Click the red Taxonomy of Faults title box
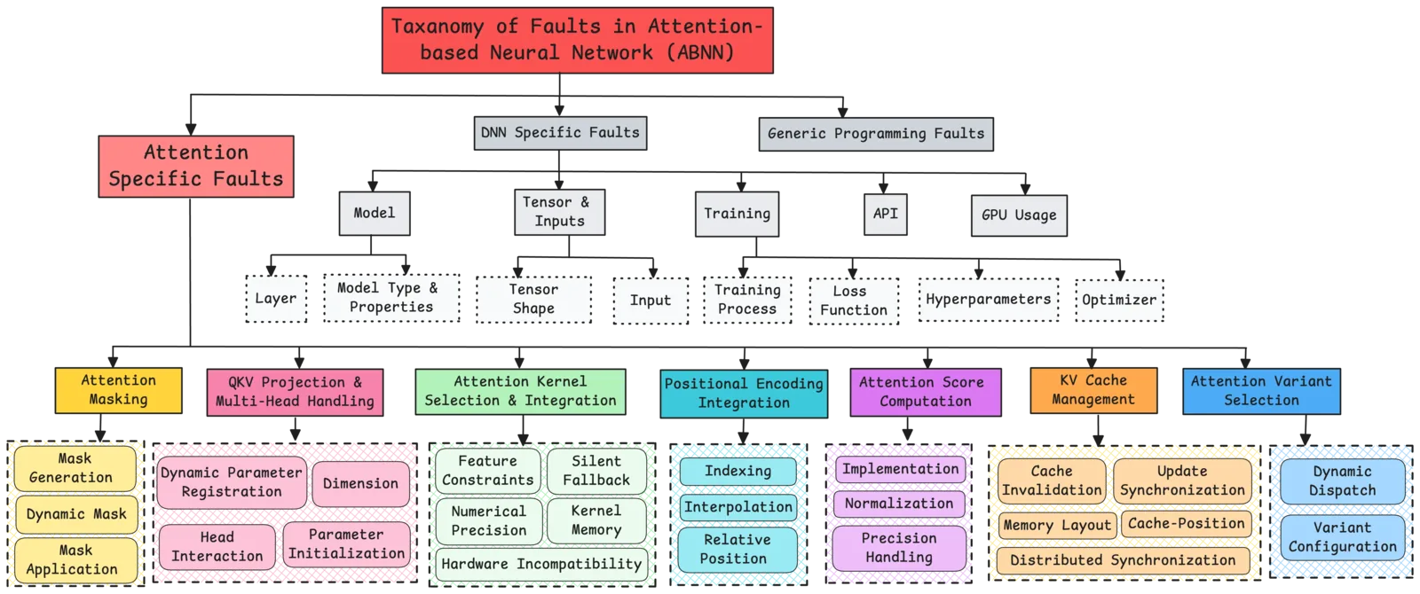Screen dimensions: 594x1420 pos(577,39)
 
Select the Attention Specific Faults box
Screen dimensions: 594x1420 pos(196,166)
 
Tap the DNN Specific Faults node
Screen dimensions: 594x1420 pos(559,133)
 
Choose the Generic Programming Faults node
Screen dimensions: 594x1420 pos(876,134)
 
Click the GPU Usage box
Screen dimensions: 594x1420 pos(1019,215)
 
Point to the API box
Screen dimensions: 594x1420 pos(885,214)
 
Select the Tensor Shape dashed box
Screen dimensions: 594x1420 pos(533,299)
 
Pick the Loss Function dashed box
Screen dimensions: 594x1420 pos(854,301)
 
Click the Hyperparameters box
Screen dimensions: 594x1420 pos(988,300)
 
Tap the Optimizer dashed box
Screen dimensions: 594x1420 pos(1118,300)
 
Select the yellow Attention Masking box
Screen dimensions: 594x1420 pos(119,390)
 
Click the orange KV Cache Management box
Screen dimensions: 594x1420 pos(1093,390)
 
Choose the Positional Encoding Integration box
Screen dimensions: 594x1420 pos(744,393)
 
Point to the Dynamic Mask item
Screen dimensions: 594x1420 pos(76,514)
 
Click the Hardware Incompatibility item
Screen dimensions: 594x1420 pos(541,564)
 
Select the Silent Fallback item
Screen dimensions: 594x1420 pos(596,471)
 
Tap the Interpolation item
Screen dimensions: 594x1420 pos(738,507)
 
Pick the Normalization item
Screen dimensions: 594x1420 pos(899,504)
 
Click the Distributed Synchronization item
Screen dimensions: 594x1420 pos(1123,560)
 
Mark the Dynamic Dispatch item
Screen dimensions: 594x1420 pos(1342,481)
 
